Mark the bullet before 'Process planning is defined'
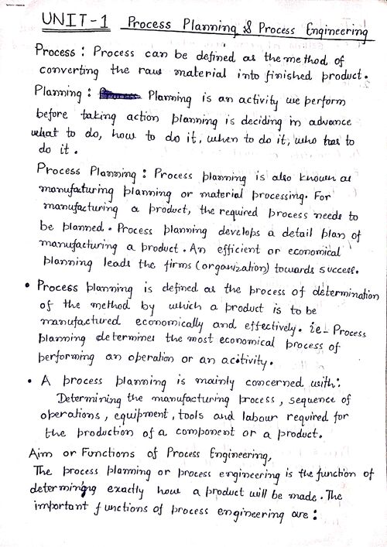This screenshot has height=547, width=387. click(28, 286)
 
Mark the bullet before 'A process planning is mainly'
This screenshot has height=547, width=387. click(29, 381)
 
